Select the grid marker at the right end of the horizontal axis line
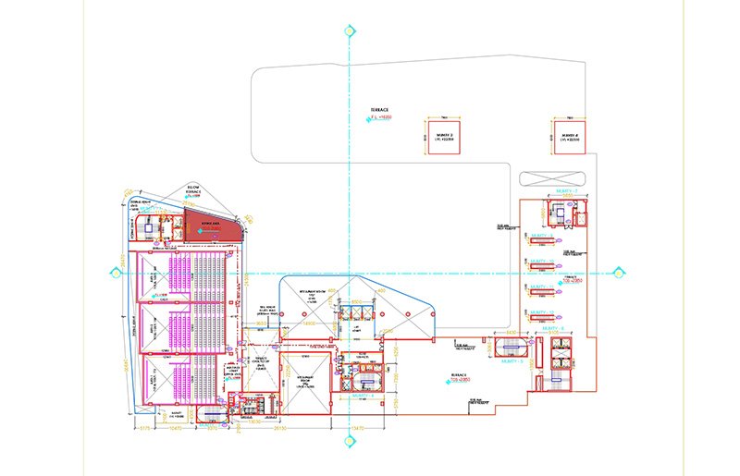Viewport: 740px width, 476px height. (619, 272)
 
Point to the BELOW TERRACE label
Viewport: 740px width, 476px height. (194, 189)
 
